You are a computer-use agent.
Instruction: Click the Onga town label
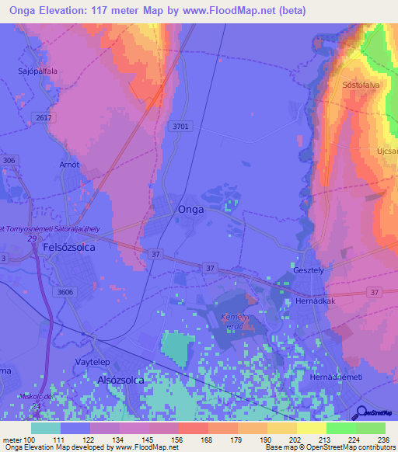click(191, 210)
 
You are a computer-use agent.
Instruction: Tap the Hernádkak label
click(313, 300)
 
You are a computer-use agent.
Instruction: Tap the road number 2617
click(44, 116)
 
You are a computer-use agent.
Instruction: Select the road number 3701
click(180, 127)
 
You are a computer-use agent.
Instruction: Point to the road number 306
click(9, 160)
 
